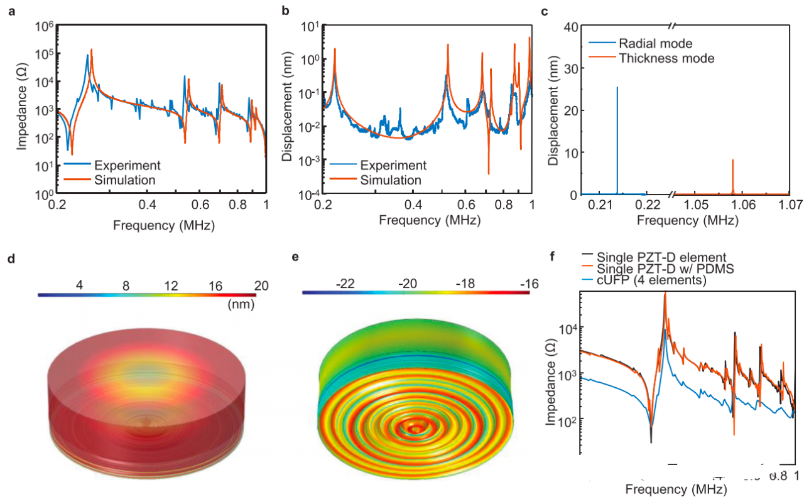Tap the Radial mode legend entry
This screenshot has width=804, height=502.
pos(655,43)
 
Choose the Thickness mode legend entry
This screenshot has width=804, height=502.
pos(666,58)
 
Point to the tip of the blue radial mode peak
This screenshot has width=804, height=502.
pos(617,87)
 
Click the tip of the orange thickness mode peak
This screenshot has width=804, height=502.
pos(733,160)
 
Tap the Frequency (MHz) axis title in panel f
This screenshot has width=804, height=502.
pos(678,487)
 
